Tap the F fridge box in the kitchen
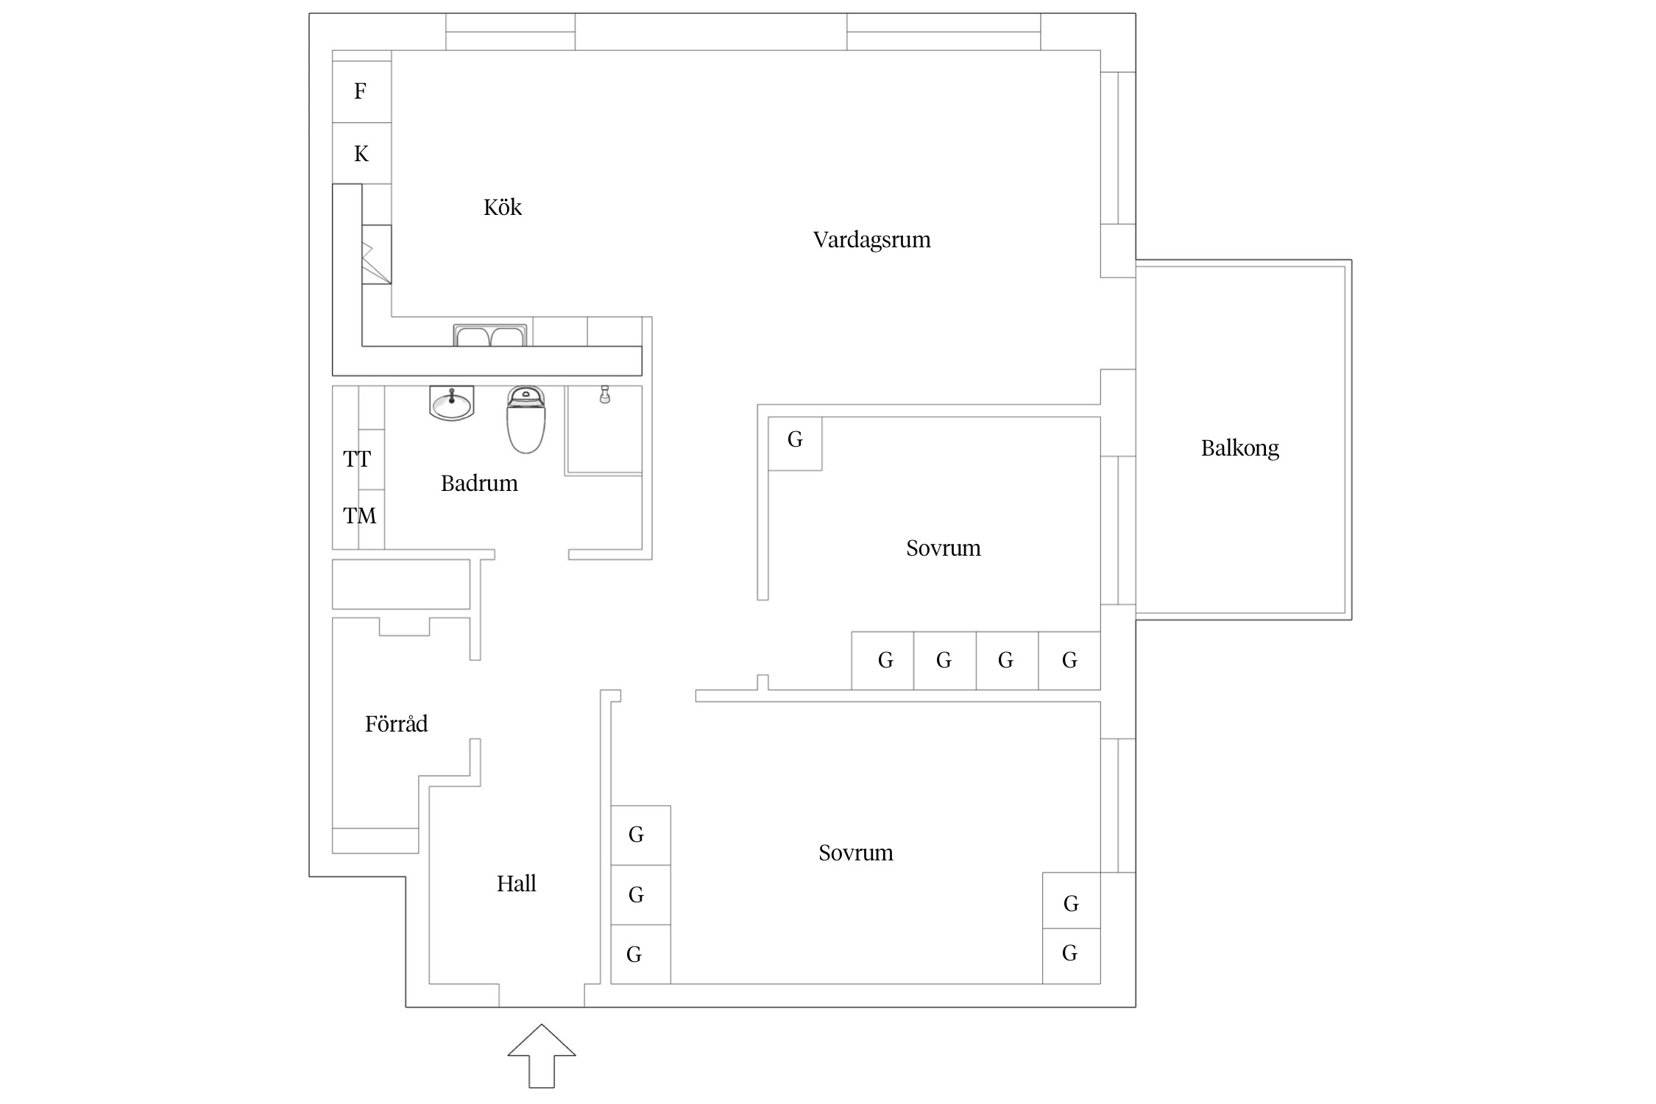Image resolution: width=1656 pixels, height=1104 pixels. coord(361,91)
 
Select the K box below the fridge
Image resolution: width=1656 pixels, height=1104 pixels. coord(361,153)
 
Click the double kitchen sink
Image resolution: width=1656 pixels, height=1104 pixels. coord(490,336)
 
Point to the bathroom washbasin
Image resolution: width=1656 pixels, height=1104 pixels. coord(451,404)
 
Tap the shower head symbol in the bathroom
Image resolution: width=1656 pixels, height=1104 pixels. coord(605,394)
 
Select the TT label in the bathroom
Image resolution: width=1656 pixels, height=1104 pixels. coord(357,459)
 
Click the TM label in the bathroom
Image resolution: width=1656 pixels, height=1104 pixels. coord(359,516)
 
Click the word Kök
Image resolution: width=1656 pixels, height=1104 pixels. coord(502,208)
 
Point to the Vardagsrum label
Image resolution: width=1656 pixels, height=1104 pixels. coord(871,240)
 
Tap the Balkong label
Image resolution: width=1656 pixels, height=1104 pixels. coord(1239,448)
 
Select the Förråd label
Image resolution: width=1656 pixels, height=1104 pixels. coord(396,724)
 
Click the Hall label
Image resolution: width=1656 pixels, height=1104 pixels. coord(516,884)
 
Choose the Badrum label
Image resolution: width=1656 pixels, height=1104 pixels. coord(479,484)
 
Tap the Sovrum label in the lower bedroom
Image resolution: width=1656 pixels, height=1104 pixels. coord(855,853)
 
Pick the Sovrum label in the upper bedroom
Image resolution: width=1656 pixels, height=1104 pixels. coord(943,548)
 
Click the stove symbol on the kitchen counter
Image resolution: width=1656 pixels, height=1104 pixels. coord(376,254)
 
